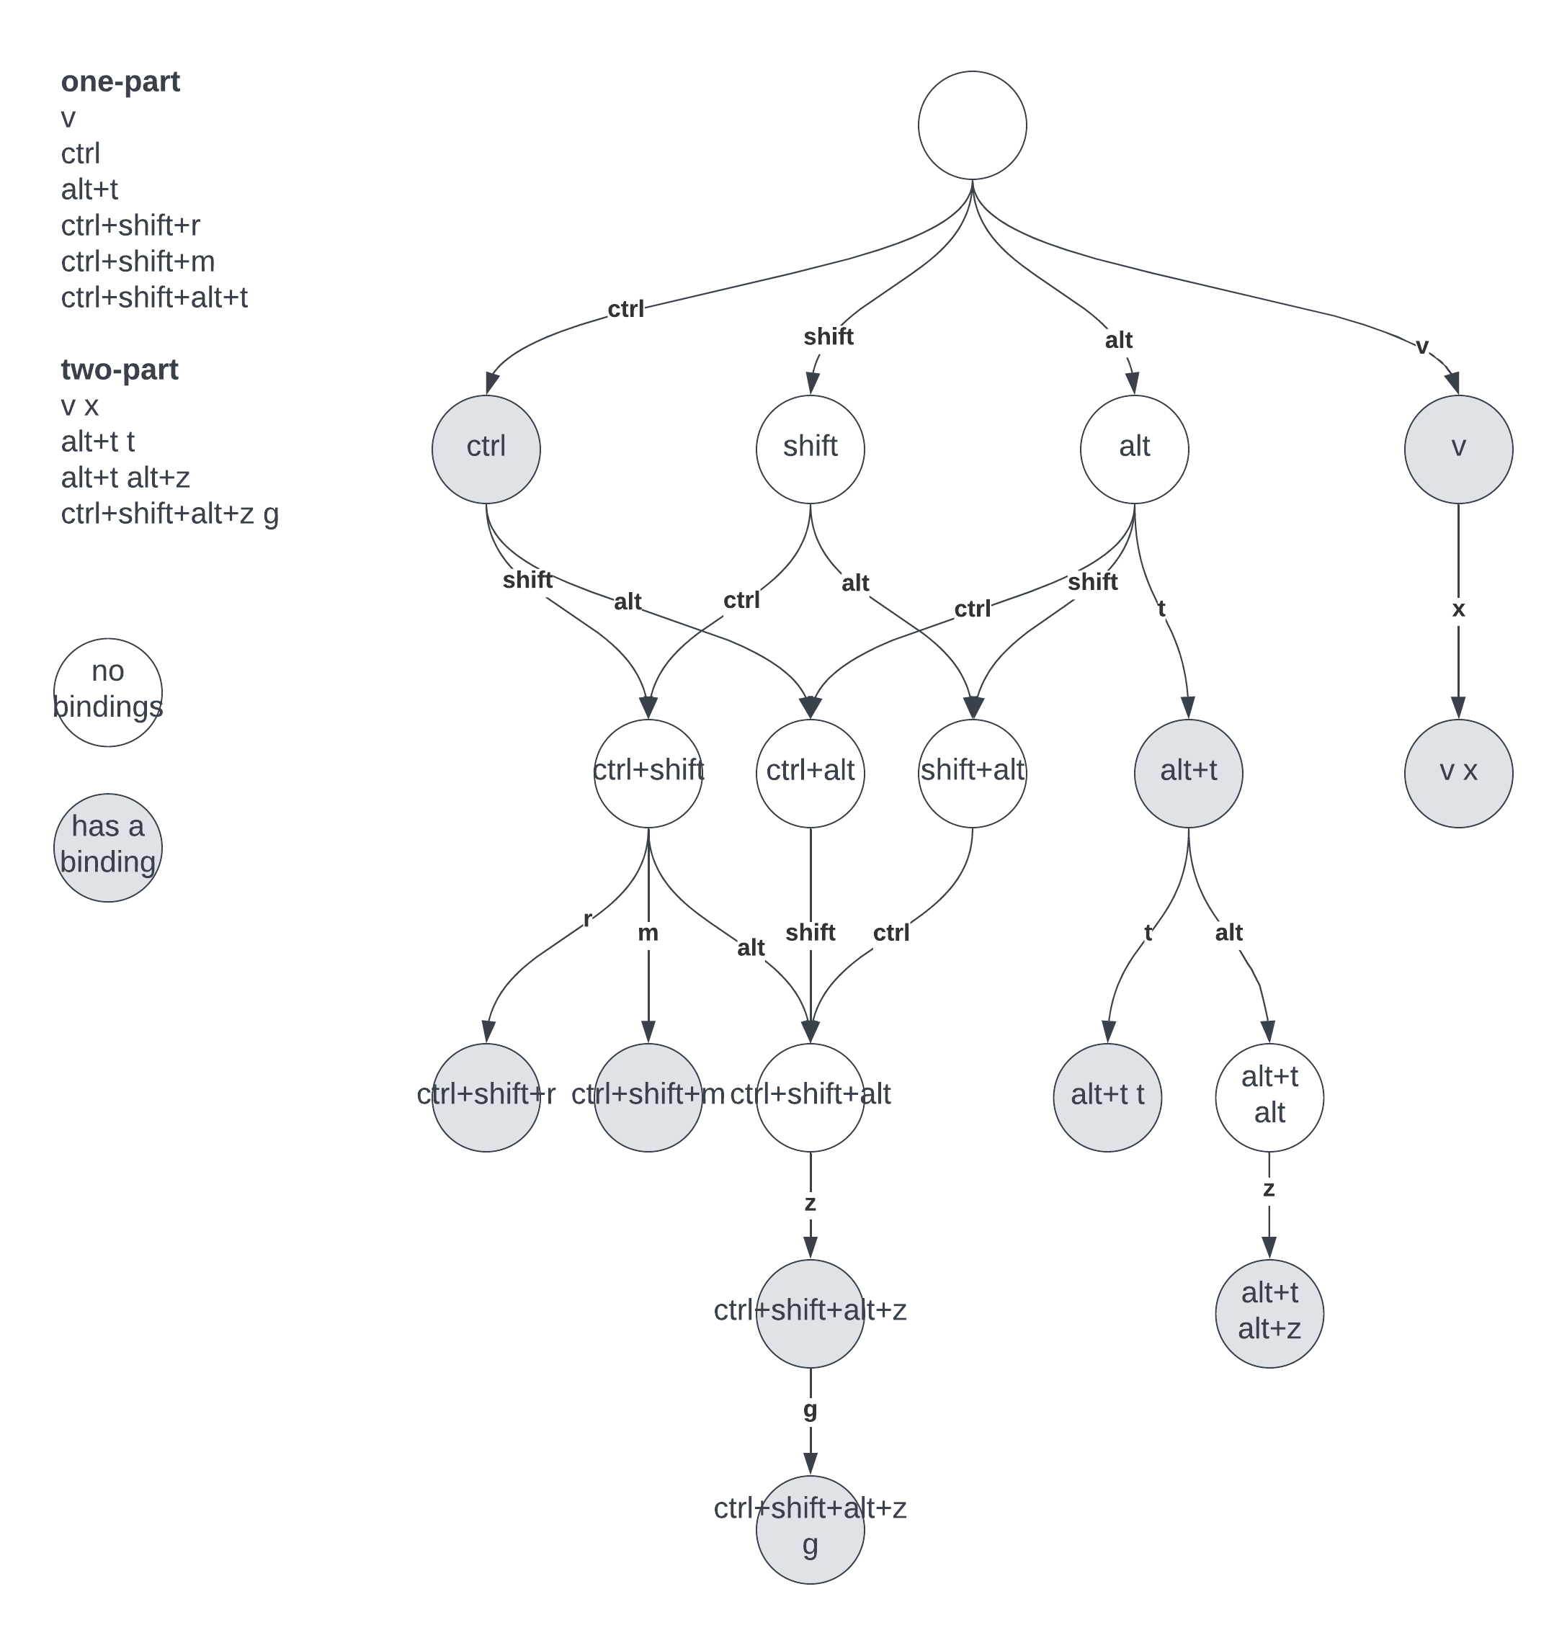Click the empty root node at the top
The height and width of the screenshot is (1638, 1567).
coord(973,125)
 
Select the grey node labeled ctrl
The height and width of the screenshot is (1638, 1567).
coord(486,449)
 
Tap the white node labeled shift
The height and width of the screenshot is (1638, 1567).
coord(811,449)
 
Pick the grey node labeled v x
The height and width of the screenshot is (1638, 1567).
coord(1458,774)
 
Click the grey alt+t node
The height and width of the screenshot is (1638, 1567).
coord(1188,774)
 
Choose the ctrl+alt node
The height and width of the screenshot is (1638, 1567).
coord(811,774)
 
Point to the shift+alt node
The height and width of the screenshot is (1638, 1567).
coord(973,774)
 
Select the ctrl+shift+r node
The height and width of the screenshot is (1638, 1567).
coord(486,1098)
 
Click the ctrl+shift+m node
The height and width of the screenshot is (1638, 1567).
coord(648,1098)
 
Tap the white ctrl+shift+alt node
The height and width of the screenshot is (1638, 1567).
coord(811,1098)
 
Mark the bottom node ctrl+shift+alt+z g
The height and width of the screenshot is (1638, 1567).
coord(811,1529)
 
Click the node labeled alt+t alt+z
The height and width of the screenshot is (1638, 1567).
coord(1269,1314)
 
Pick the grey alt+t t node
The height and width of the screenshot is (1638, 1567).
coord(1107,1098)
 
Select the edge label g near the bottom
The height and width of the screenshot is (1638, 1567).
coord(811,1409)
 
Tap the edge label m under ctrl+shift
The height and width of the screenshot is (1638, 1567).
coord(648,933)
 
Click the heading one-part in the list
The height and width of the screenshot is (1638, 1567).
coord(120,82)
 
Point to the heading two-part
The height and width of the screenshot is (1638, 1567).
coord(120,370)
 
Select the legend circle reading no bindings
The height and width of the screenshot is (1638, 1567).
coord(108,692)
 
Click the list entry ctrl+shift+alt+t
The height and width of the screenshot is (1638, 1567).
coord(154,297)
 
